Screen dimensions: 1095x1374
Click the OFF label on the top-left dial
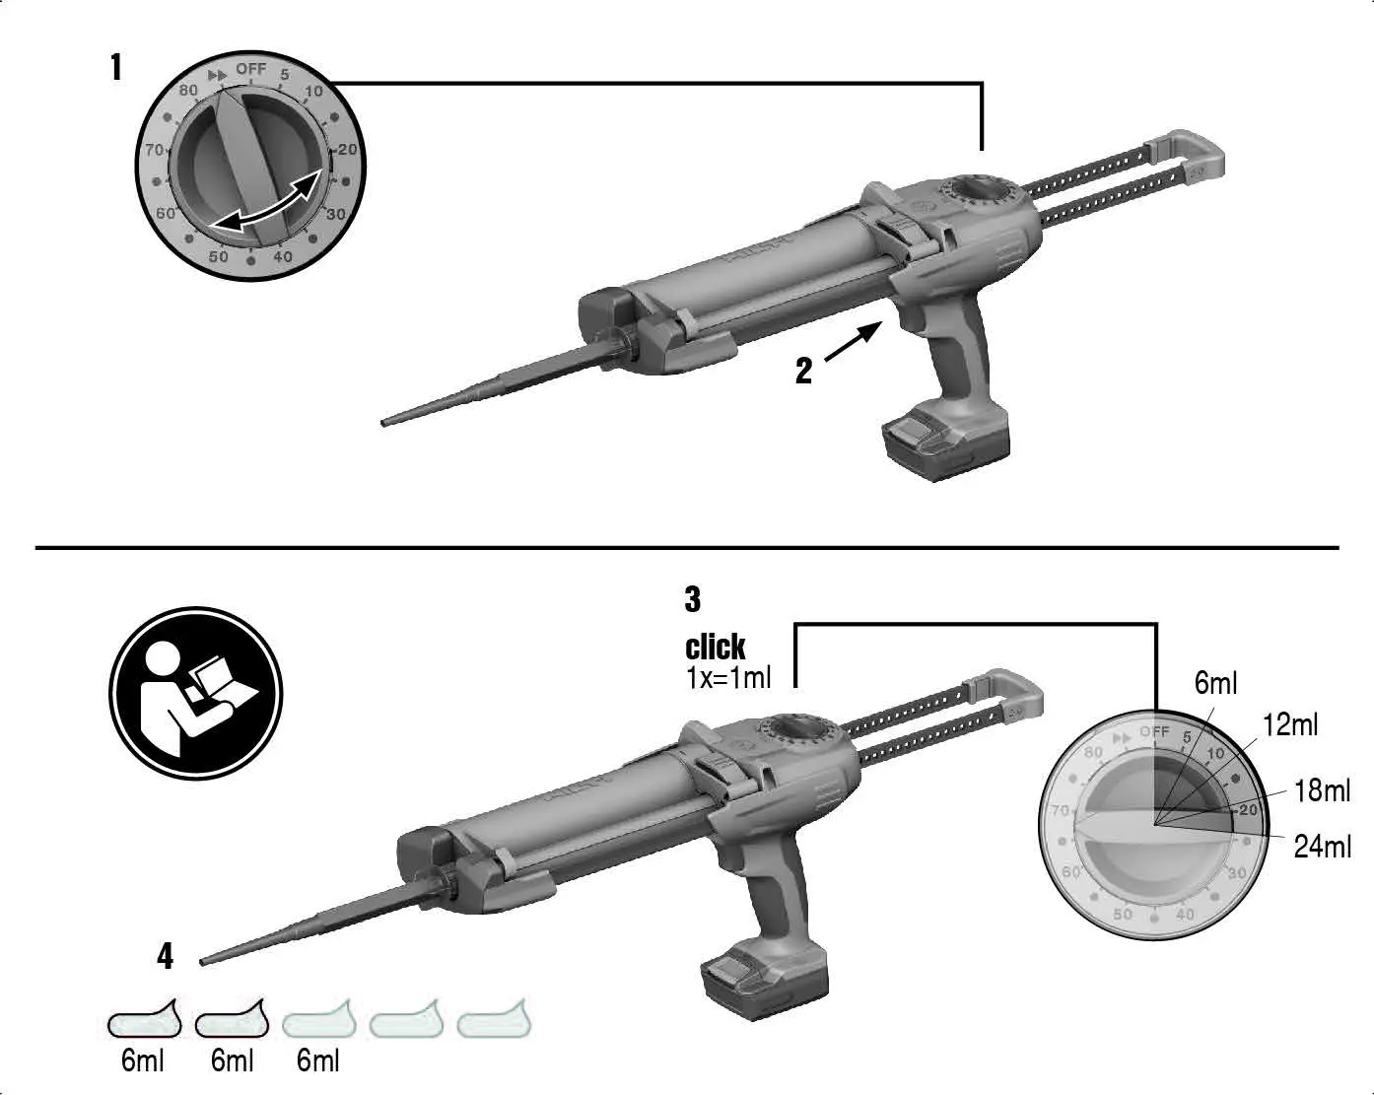pyautogui.click(x=251, y=69)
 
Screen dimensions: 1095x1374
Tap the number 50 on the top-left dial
pyautogui.click(x=218, y=256)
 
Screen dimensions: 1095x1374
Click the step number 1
pyautogui.click(x=116, y=68)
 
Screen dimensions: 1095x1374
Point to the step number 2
pyautogui.click(x=803, y=372)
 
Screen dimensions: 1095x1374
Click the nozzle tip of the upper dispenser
pyautogui.click(x=384, y=422)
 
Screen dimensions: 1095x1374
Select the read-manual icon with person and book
pyautogui.click(x=195, y=693)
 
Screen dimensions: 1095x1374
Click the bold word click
pyautogui.click(x=715, y=648)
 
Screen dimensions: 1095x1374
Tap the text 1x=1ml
pyautogui.click(x=728, y=677)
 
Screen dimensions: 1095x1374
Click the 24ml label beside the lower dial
pyautogui.click(x=1322, y=846)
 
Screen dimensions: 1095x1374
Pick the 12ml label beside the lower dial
pyautogui.click(x=1289, y=724)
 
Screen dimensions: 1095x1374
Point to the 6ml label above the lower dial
pyautogui.click(x=1215, y=683)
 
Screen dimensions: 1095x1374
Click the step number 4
pyautogui.click(x=165, y=956)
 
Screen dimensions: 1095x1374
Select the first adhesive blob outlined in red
pyautogui.click(x=145, y=1021)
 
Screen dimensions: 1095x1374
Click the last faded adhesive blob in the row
pyautogui.click(x=494, y=1021)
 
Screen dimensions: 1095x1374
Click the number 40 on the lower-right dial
pyautogui.click(x=1185, y=914)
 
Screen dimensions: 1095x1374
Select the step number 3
pyautogui.click(x=693, y=598)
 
